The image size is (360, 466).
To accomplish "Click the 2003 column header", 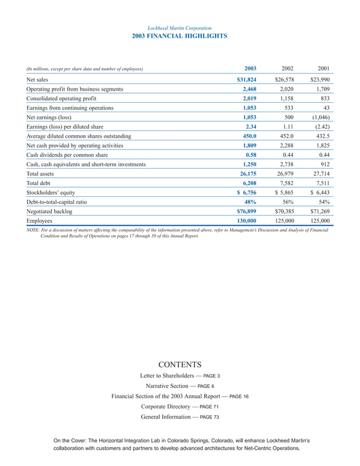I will click(249, 68).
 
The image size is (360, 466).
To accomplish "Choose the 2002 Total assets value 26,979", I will click(288, 174).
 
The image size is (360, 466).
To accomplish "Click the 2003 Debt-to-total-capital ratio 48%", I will click(250, 201).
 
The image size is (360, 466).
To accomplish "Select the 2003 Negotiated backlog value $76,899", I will click(247, 211).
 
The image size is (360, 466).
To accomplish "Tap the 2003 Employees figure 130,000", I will click(247, 221).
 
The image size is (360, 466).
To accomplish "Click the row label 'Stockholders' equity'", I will click(51, 192).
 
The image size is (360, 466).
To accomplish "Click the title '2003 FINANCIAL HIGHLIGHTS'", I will click(179, 36).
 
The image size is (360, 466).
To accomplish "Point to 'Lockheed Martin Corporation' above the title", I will click(179, 28).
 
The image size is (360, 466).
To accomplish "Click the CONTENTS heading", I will click(179, 364).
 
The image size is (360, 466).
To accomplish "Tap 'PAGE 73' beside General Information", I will click(209, 417).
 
